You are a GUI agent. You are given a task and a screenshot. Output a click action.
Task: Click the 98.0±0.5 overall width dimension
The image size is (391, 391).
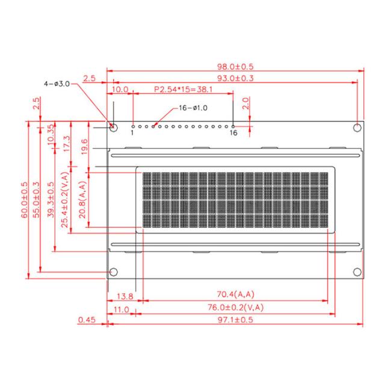tap(235, 67)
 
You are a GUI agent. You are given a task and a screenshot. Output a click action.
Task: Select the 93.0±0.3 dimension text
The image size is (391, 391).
tap(235, 78)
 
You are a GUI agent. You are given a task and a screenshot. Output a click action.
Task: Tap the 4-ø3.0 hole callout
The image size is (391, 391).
tap(57, 84)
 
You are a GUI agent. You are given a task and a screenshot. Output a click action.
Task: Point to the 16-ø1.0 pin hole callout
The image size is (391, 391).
tap(193, 108)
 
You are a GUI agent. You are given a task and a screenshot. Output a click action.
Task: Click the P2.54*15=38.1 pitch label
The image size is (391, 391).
tap(183, 89)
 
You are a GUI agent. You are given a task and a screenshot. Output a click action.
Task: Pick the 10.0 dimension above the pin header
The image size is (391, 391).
tap(120, 89)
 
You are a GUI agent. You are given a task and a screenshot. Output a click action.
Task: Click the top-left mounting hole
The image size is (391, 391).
tap(114, 128)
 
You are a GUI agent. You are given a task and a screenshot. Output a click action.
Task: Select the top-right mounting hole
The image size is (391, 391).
tap(357, 128)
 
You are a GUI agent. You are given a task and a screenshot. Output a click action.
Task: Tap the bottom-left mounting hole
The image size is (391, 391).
tap(114, 272)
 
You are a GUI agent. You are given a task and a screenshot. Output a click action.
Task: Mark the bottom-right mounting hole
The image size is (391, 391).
tap(357, 272)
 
